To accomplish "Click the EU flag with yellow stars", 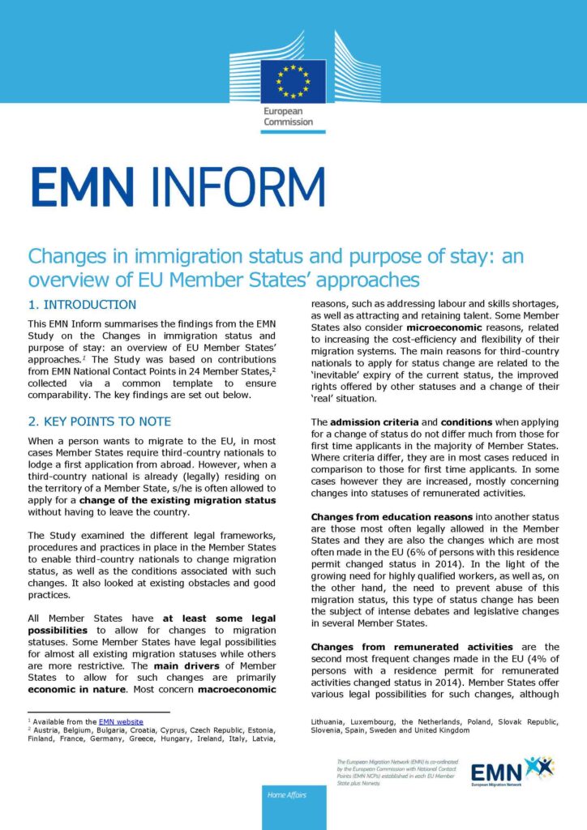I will [293, 82].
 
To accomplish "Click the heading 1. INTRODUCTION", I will [82, 305].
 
